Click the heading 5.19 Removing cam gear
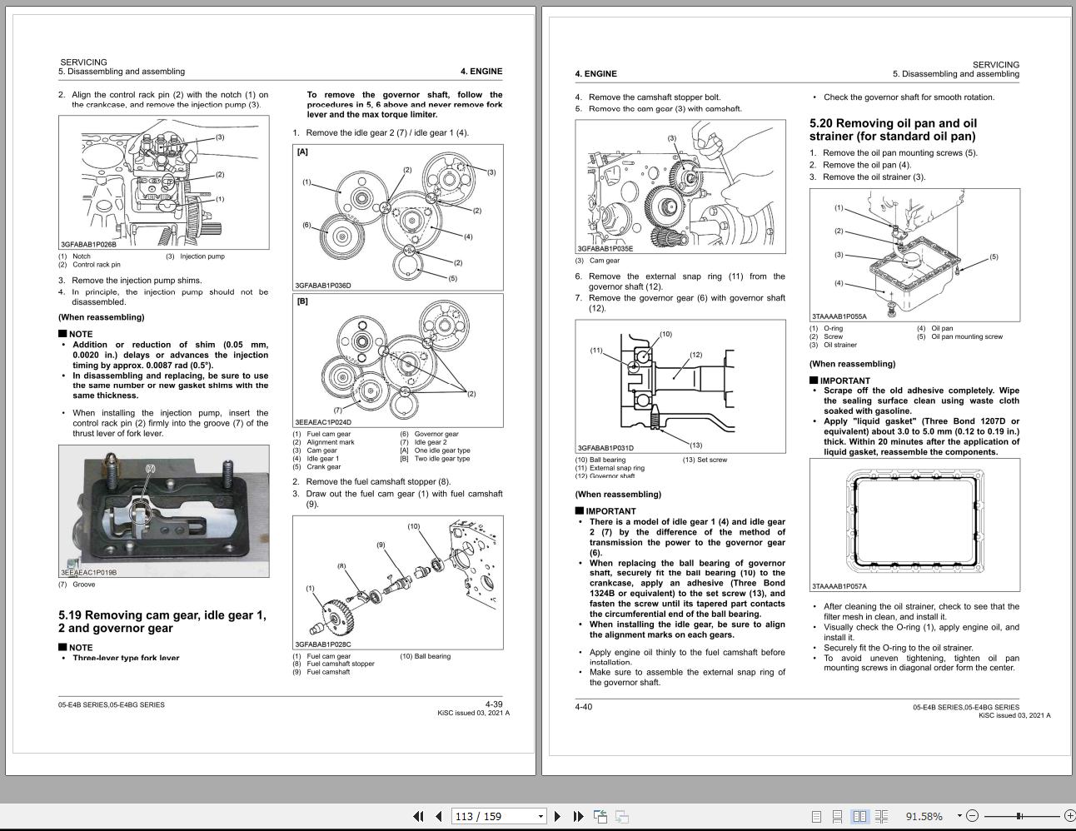tap(162, 621)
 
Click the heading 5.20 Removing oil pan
tap(893, 129)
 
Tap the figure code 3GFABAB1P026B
tap(88, 245)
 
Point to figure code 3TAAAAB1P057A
tap(839, 586)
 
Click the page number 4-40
tap(583, 707)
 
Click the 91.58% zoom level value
tap(924, 816)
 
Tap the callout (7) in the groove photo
tap(151, 468)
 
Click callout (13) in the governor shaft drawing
tap(695, 445)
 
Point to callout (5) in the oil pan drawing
tap(993, 257)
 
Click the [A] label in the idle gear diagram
tap(302, 152)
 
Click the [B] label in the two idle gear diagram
tap(302, 301)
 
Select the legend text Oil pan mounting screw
tap(966, 336)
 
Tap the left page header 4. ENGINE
tap(481, 72)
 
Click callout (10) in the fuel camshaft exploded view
tap(413, 526)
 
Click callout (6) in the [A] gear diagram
tap(306, 225)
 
